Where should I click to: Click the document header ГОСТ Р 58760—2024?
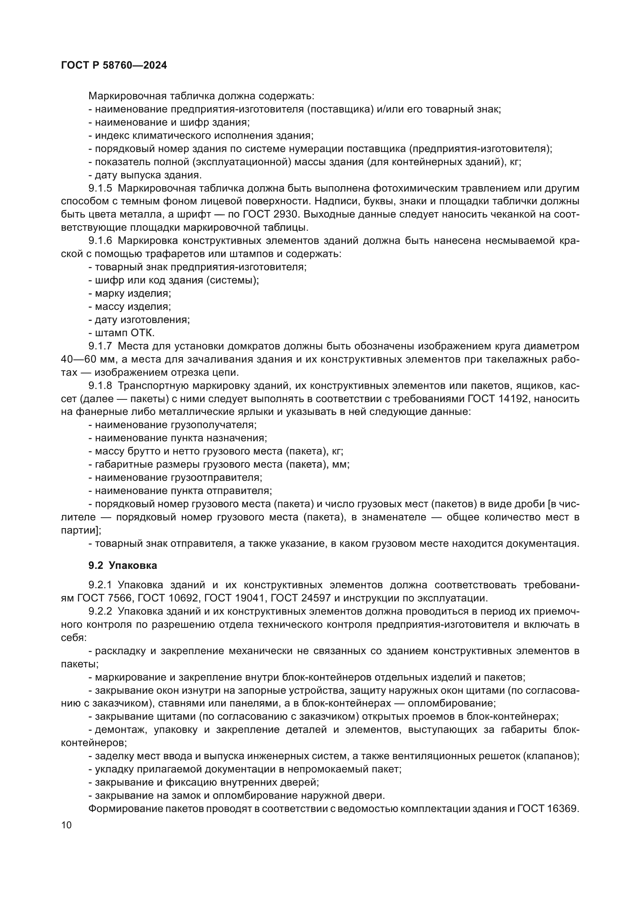114,66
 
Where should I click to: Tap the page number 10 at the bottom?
66,825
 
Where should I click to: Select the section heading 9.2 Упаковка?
122,565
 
